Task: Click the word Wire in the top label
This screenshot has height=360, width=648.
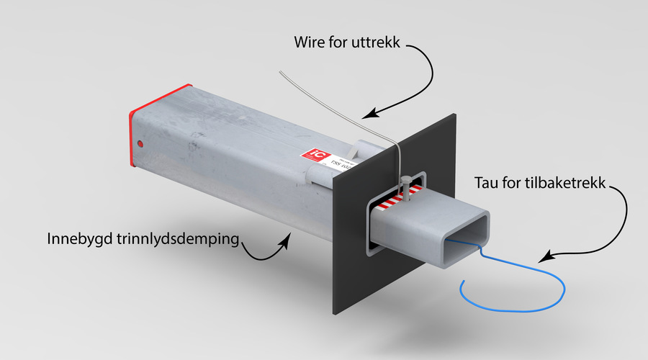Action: pyautogui.click(x=310, y=42)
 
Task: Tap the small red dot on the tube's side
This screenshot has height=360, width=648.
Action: pyautogui.click(x=140, y=144)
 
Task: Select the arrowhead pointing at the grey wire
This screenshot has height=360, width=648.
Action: pyautogui.click(x=369, y=114)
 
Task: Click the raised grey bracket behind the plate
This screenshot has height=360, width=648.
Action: pyautogui.click(x=364, y=150)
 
